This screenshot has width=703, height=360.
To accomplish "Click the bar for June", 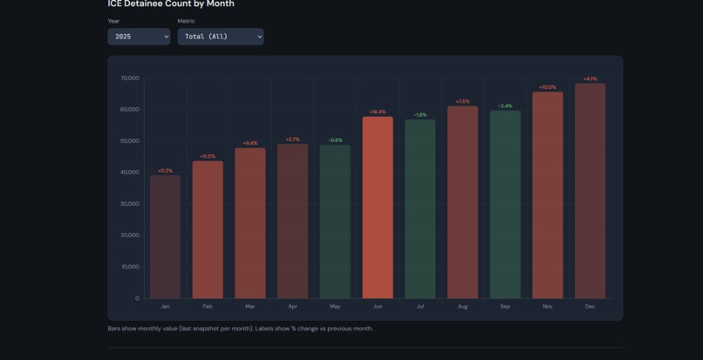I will coord(378,207).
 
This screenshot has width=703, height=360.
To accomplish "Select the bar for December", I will coord(590,191).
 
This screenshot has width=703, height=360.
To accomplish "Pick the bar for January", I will coord(165,236).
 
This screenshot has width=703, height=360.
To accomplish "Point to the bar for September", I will coord(505,204).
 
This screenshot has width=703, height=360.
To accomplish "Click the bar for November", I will coord(548,195).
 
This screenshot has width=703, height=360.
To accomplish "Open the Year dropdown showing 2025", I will coord(139,37).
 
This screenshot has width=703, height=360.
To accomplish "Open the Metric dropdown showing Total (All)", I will coord(220,37).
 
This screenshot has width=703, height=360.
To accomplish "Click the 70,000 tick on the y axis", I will coord(130,78).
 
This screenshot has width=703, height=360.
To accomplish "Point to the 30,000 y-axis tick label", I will coord(130,204).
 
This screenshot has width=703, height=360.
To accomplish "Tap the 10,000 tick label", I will coord(130,267).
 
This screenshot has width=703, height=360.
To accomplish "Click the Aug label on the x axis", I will coord(462,307).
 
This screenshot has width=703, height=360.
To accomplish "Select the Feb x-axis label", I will coord(208,307).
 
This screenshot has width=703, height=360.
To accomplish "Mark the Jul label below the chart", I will coord(420,307).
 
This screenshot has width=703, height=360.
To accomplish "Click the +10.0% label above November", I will coord(547,87).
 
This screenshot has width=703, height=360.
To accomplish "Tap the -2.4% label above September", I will coord(505,106).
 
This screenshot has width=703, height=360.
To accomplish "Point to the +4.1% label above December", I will coord(590,79).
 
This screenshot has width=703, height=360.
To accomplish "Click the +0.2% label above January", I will coord(165,171).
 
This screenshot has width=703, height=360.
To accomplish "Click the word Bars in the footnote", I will coord(114,329).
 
